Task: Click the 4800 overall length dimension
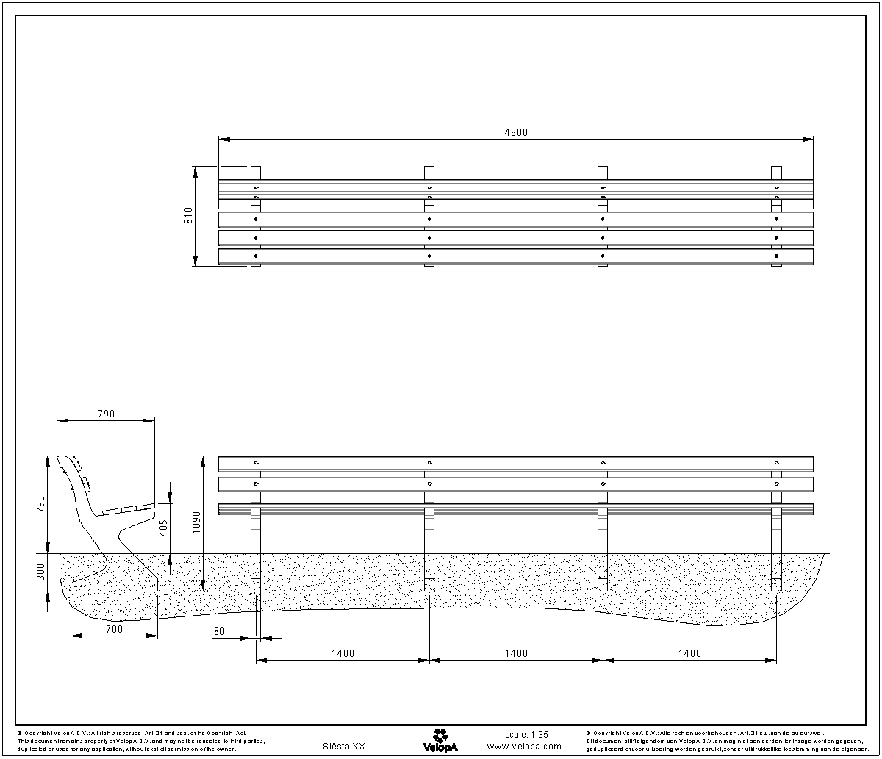pyautogui.click(x=515, y=132)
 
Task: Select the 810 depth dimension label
pyautogui.click(x=188, y=215)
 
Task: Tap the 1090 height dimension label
pyautogui.click(x=196, y=522)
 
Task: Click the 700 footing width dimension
pyautogui.click(x=114, y=629)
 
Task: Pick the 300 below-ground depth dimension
pyautogui.click(x=41, y=572)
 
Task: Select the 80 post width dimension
pyautogui.click(x=219, y=630)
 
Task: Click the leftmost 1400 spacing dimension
pyautogui.click(x=343, y=653)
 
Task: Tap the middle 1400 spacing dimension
pyautogui.click(x=516, y=653)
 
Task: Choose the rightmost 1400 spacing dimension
pyautogui.click(x=689, y=653)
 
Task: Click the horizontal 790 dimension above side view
pyautogui.click(x=106, y=414)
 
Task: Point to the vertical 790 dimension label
pyautogui.click(x=41, y=504)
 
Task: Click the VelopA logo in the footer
pyautogui.click(x=440, y=739)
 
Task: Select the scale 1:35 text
pyautogui.click(x=526, y=734)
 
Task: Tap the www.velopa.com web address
pyautogui.click(x=524, y=746)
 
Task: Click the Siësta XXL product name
pyautogui.click(x=347, y=746)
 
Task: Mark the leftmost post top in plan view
pyautogui.click(x=256, y=173)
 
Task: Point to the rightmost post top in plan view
pyautogui.click(x=776, y=173)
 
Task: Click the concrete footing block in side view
pyautogui.click(x=115, y=584)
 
